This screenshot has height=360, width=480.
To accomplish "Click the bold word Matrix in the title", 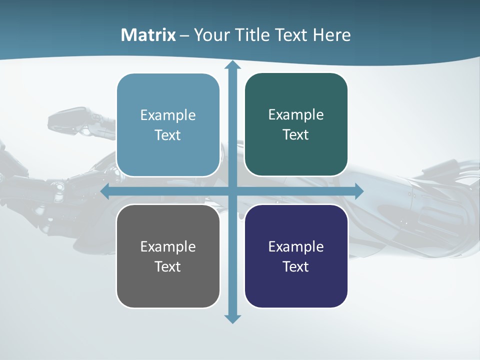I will tap(148, 35).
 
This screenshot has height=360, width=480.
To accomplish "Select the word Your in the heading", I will tap(210, 35).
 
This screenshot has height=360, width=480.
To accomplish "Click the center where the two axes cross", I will tap(232, 191).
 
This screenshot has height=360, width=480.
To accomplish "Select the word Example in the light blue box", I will tap(168, 115).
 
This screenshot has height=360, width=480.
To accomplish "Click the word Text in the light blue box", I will tap(168, 135).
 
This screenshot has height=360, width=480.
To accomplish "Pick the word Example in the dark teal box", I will tap(296, 115).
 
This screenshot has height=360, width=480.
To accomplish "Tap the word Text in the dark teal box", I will tap(296, 135).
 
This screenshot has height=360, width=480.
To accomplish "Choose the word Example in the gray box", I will tap(168, 246).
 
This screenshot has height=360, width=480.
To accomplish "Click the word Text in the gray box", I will tap(168, 266).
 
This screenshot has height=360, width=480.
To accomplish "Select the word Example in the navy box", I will tap(296, 246).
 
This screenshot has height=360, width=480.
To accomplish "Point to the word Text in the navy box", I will tap(296, 266).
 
